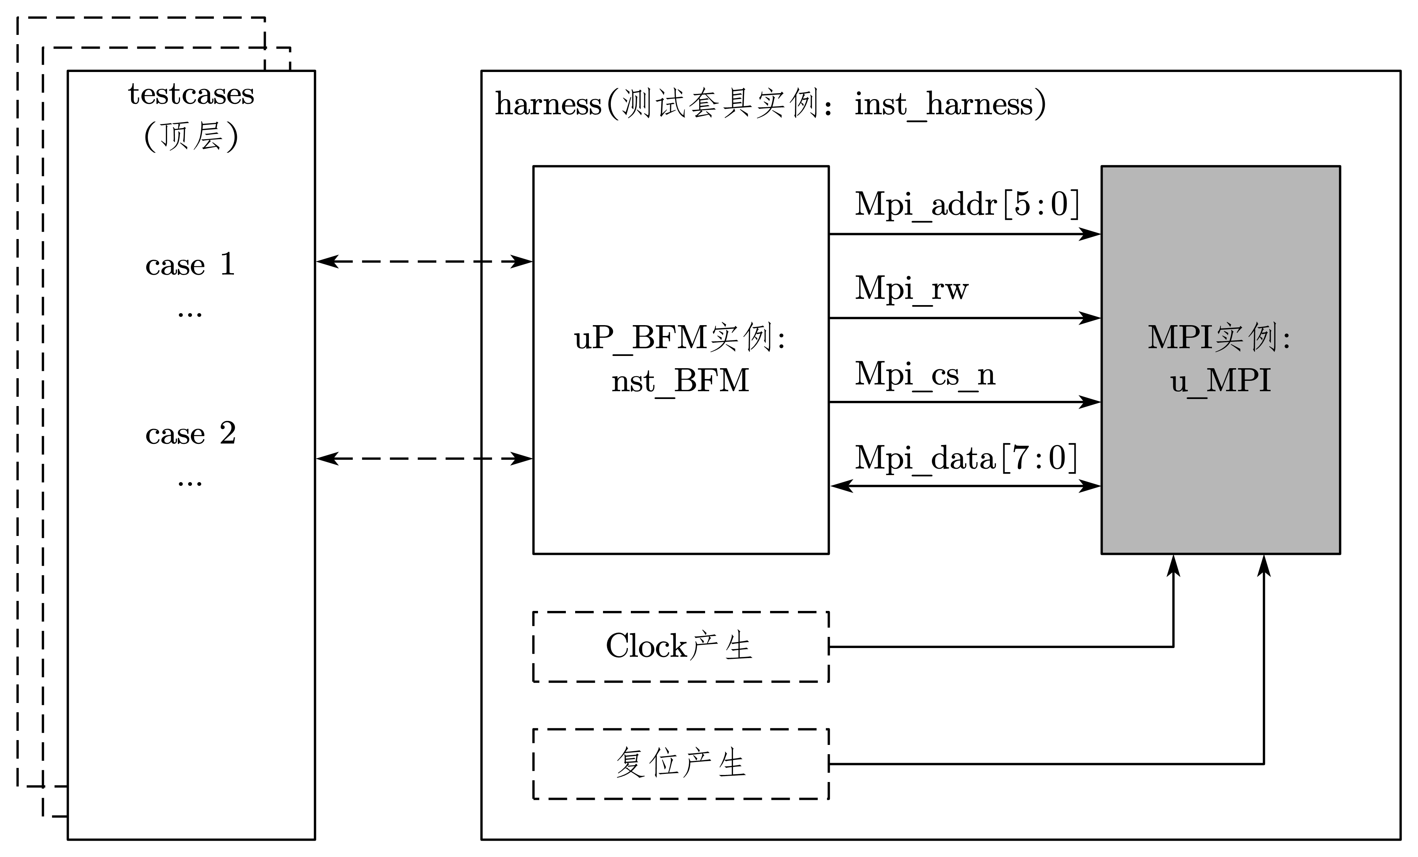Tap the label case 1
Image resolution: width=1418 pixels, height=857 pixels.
click(x=190, y=265)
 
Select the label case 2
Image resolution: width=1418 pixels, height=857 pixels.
click(x=190, y=433)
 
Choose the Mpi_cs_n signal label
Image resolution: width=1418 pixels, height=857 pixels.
click(x=925, y=374)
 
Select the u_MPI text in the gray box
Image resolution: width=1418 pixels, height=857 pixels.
click(x=1220, y=381)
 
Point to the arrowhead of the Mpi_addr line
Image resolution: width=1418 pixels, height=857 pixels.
click(x=1091, y=234)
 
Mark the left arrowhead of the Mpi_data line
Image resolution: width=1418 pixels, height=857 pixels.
click(x=841, y=486)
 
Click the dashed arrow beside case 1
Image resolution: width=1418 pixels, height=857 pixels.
click(x=424, y=262)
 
